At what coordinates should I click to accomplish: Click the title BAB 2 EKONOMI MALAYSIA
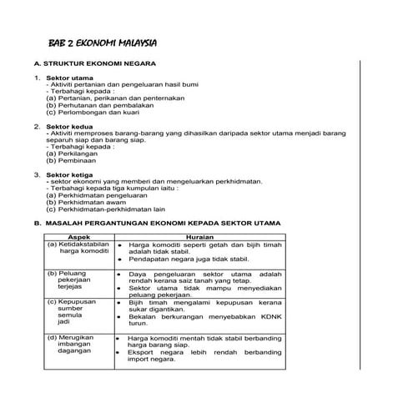coord(103,43)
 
